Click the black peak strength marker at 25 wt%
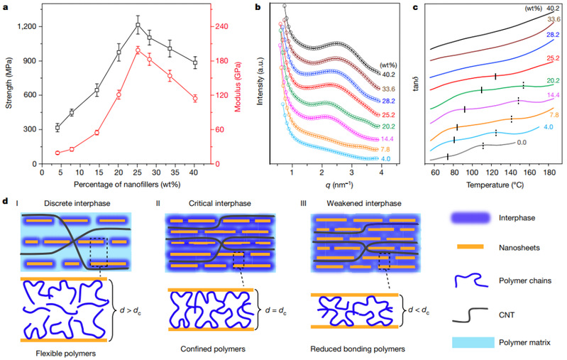click(138, 26)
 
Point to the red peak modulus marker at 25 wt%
click(138, 49)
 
